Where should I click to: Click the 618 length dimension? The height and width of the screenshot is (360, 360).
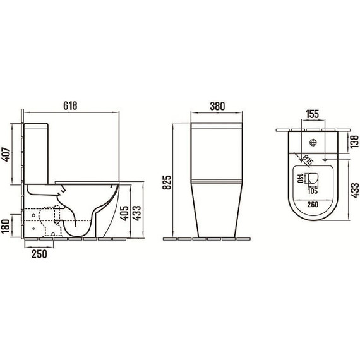click(x=71, y=106)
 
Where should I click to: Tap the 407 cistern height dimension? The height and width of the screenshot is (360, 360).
click(x=6, y=154)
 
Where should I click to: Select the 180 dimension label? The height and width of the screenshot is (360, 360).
click(x=6, y=226)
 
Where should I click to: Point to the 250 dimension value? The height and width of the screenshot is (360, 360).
click(x=39, y=254)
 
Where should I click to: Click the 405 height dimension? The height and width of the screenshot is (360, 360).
click(x=124, y=213)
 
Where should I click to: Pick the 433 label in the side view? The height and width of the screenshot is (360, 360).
click(x=137, y=213)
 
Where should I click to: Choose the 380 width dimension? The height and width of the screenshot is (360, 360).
click(x=217, y=106)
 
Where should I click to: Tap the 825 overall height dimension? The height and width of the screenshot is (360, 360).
click(x=167, y=183)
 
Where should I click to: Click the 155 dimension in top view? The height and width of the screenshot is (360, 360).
click(x=313, y=114)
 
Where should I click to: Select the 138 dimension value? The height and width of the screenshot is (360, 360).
click(x=354, y=141)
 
